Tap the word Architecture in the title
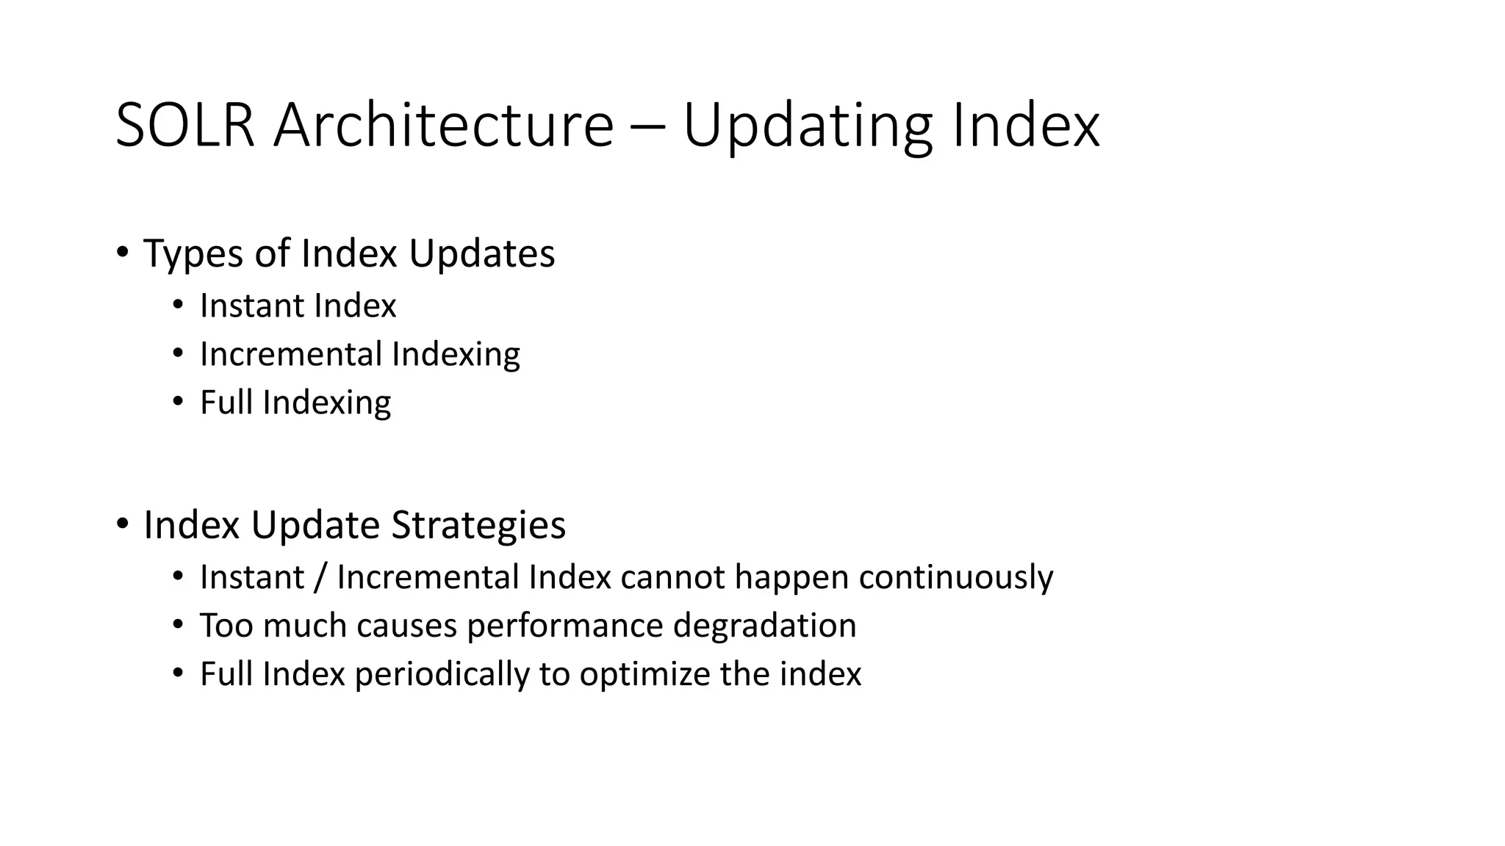tap(443, 125)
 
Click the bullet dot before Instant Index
tap(177, 305)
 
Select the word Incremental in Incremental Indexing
tap(292, 354)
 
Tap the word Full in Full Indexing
tap(226, 402)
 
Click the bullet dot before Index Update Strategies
tap(122, 524)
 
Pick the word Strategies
tap(478, 526)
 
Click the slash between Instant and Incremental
tap(319, 577)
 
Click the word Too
tap(226, 626)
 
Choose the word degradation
tap(764, 626)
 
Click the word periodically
tap(442, 675)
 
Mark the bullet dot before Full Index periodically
tap(177, 673)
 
